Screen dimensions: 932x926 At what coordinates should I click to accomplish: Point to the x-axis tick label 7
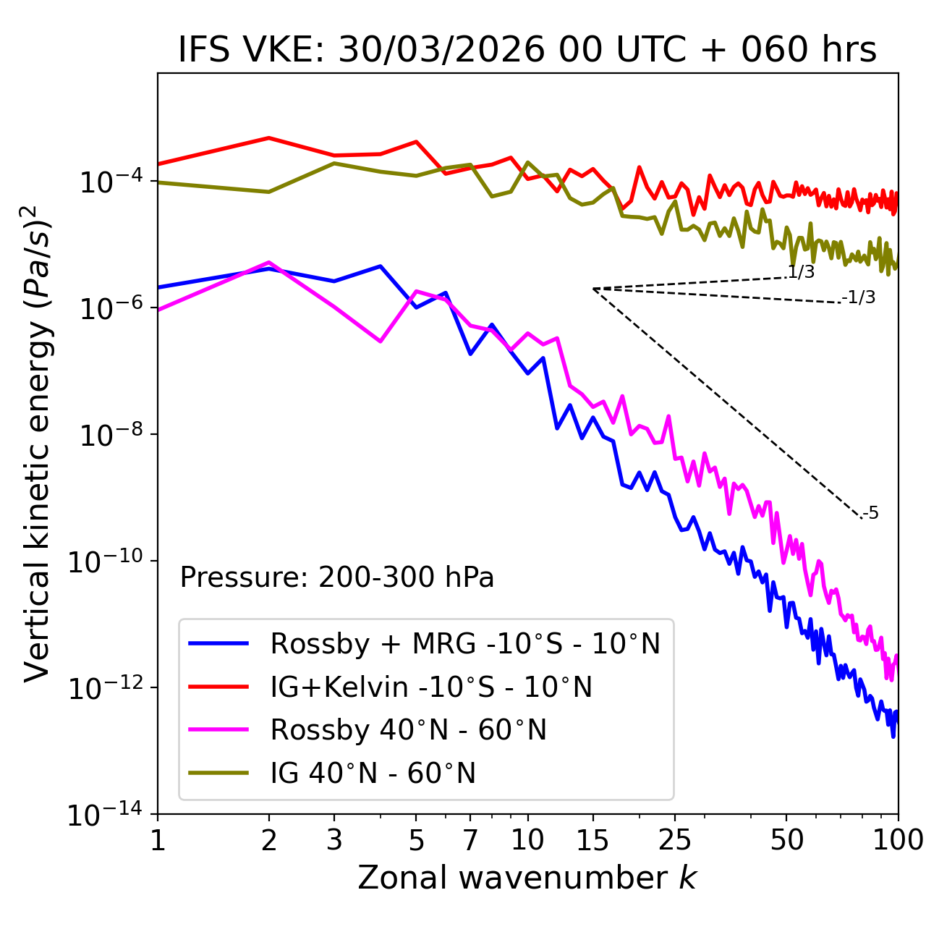pyautogui.click(x=470, y=840)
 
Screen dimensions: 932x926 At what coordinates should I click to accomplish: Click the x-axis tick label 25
pyautogui.click(x=674, y=840)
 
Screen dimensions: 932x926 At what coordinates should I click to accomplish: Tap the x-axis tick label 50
pyautogui.click(x=786, y=840)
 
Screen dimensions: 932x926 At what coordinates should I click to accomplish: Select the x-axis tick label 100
pyautogui.click(x=898, y=840)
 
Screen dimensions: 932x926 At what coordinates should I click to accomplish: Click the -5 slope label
pyautogui.click(x=871, y=513)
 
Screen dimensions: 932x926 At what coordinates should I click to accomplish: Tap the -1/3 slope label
pyautogui.click(x=859, y=297)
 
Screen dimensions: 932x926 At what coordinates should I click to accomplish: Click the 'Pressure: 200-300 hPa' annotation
pyautogui.click(x=336, y=577)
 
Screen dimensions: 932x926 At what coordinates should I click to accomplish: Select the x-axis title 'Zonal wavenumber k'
pyautogui.click(x=527, y=878)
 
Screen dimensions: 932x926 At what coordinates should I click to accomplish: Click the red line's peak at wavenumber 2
pyautogui.click(x=269, y=137)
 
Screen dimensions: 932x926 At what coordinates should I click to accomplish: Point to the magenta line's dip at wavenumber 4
pyautogui.click(x=381, y=341)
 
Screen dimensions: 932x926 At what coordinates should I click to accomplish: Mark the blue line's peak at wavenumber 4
pyautogui.click(x=381, y=266)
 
